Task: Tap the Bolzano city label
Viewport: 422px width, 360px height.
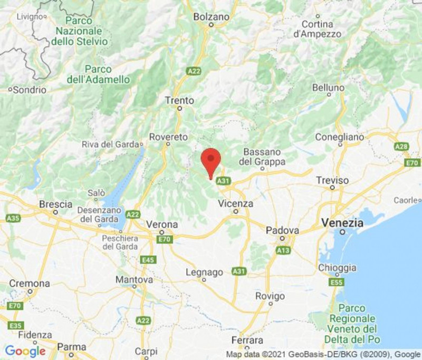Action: coord(212,17)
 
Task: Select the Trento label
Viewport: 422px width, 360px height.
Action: coord(179,100)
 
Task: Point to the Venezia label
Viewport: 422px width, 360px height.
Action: coord(342,223)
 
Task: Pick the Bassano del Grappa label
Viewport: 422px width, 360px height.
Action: coord(262,157)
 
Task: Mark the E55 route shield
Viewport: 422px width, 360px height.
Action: coord(337,283)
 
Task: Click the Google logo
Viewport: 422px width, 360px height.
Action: coord(25,351)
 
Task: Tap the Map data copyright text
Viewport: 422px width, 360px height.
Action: coord(323,354)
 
